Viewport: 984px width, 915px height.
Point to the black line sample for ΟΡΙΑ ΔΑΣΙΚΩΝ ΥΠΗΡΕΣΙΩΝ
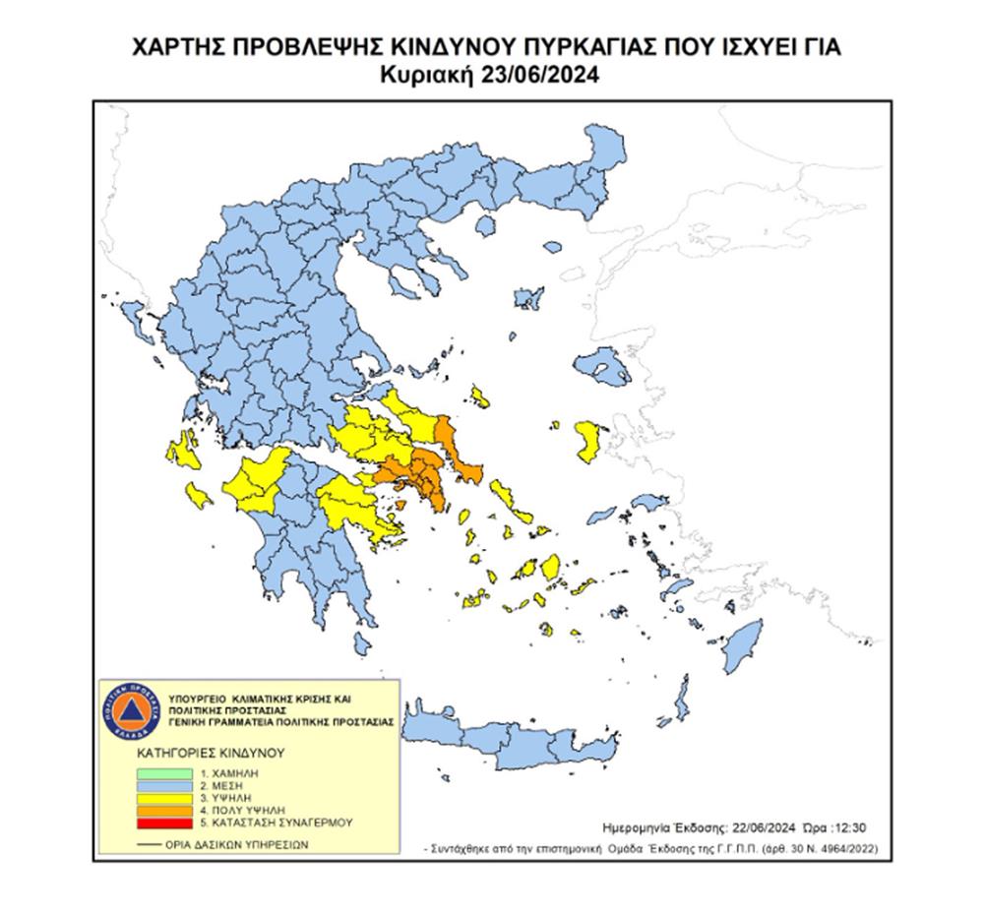[x=150, y=844]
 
